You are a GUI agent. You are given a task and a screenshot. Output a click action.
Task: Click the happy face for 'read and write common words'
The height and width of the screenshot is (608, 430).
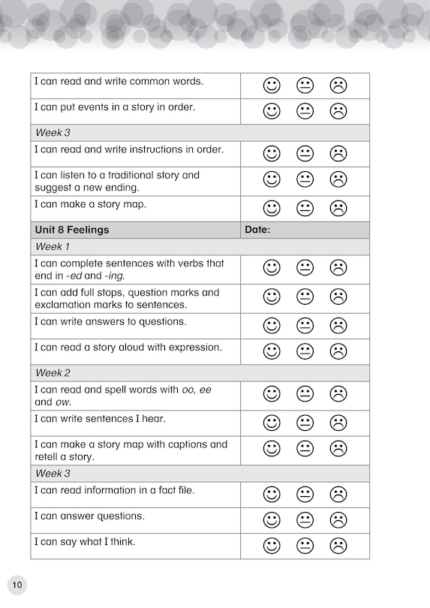(272, 86)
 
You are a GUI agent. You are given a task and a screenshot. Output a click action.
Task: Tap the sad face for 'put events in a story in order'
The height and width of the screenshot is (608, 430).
(338, 111)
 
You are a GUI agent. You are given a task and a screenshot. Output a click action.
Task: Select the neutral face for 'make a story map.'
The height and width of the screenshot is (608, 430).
(305, 208)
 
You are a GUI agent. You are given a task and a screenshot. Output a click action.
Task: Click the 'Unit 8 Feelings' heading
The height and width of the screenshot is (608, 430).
(72, 230)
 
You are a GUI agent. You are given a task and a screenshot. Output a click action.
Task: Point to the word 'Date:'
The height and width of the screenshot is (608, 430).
(257, 230)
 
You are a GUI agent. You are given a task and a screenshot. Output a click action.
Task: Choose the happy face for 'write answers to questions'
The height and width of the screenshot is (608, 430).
(272, 326)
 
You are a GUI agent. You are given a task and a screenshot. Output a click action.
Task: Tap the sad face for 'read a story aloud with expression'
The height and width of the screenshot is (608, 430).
(338, 351)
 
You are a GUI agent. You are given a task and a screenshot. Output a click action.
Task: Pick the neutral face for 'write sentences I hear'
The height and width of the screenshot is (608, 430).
(305, 423)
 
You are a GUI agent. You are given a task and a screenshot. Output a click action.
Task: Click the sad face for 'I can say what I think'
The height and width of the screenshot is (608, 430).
(338, 545)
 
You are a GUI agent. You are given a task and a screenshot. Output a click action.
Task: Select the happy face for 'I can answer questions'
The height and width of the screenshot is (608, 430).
(272, 519)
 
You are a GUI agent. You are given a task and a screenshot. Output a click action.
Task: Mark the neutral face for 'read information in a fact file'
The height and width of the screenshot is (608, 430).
(305, 494)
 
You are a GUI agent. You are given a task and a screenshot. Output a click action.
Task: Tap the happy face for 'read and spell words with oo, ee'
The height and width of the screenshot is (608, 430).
(272, 394)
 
